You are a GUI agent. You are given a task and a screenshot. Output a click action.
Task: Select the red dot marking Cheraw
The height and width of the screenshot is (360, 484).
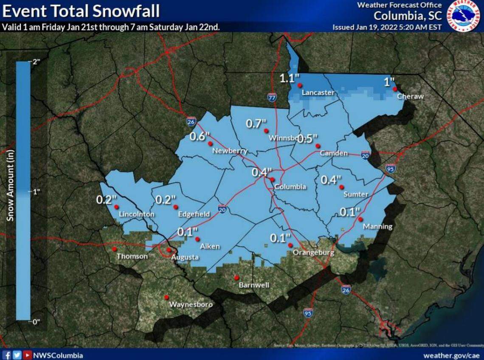(394, 89)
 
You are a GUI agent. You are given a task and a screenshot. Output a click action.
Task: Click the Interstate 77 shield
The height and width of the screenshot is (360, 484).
(272, 97)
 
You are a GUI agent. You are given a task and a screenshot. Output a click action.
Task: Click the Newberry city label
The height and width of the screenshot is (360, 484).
(230, 151)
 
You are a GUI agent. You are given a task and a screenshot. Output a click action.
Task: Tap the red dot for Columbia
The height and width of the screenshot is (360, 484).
(272, 180)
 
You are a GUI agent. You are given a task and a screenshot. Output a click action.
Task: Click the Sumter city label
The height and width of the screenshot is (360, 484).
(356, 194)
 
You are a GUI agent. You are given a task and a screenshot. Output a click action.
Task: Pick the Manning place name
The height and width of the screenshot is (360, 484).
(377, 227)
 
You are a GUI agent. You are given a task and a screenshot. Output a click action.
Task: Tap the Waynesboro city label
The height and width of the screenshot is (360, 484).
(191, 305)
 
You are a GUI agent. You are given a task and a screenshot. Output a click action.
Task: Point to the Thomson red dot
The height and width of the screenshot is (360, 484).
(114, 249)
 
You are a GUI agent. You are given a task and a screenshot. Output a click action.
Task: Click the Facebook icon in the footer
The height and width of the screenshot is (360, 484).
(6, 355)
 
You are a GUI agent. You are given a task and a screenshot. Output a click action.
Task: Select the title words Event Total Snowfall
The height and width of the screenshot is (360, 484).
(81, 11)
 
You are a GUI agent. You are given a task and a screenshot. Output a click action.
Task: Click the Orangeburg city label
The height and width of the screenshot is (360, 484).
(313, 253)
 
